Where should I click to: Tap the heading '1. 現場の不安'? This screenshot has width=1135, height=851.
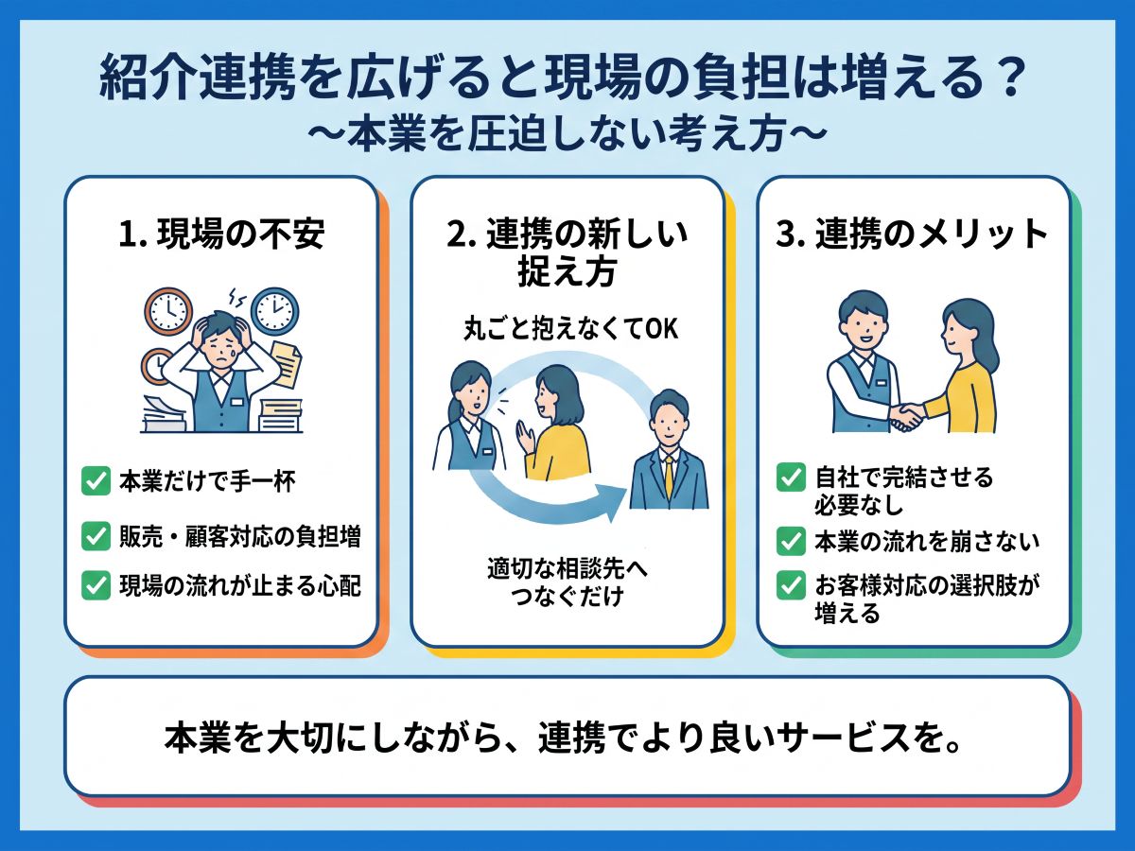pos(221,234)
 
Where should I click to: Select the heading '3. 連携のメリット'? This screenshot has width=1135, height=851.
pos(911,234)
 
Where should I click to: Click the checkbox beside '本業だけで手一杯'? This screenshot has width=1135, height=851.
pos(96,480)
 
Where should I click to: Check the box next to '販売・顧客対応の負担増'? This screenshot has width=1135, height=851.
pos(96,536)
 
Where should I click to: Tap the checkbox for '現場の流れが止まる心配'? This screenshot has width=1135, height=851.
pos(96,585)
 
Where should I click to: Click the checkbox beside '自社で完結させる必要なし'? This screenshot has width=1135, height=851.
pos(791,477)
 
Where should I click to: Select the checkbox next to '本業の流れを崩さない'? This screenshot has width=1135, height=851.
pos(791,541)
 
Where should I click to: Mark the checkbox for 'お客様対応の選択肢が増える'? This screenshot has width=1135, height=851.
pos(791,585)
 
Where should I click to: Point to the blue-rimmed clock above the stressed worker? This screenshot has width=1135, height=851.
pos(274,312)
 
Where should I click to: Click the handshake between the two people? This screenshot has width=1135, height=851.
pos(906,415)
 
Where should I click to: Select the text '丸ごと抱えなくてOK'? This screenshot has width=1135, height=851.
pos(570,329)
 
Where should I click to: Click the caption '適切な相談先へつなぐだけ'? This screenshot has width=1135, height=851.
pos(567,582)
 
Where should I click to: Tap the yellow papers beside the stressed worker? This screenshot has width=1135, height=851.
pos(287,363)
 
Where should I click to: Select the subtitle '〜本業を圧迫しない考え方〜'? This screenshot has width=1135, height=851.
pos(567,134)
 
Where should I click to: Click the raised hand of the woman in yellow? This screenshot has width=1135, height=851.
pos(525,437)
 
